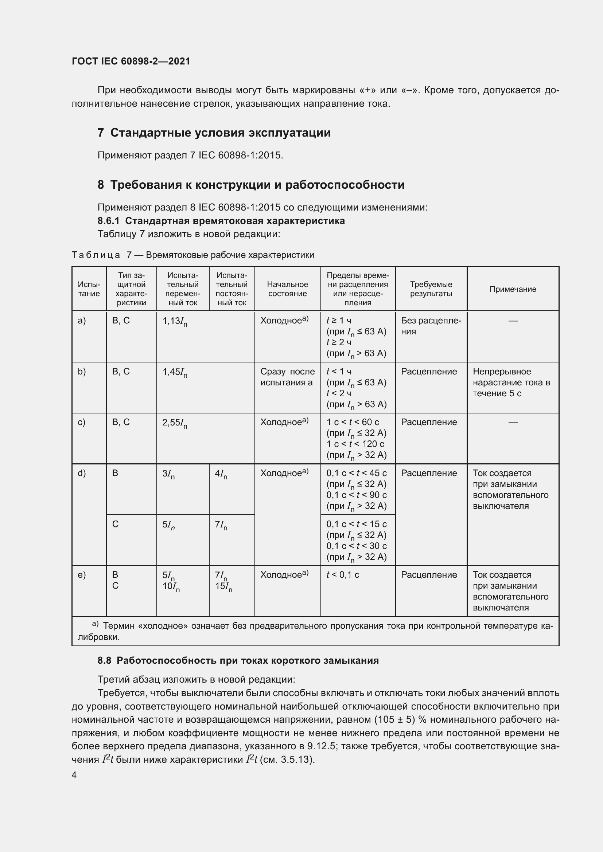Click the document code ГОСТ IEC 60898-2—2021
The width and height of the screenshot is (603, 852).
pyautogui.click(x=131, y=61)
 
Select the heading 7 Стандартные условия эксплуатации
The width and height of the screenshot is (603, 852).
pyautogui.click(x=214, y=133)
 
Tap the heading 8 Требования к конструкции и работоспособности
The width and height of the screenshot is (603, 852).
pyautogui.click(x=251, y=184)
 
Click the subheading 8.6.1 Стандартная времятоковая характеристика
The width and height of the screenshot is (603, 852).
pyautogui.click(x=221, y=221)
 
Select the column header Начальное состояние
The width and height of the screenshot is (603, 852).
pyautogui.click(x=287, y=289)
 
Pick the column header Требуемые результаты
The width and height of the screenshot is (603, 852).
pyautogui.click(x=431, y=289)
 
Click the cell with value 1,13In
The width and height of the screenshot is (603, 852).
pyautogui.click(x=175, y=321)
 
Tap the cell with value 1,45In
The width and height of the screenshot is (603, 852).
pyautogui.click(x=175, y=372)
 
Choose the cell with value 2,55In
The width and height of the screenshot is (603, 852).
pyautogui.click(x=175, y=423)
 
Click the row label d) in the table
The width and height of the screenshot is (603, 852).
pyautogui.click(x=82, y=473)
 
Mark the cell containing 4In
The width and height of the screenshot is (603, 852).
pyautogui.click(x=221, y=474)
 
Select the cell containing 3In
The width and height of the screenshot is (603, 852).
pyautogui.click(x=168, y=474)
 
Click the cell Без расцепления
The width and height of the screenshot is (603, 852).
pyautogui.click(x=431, y=326)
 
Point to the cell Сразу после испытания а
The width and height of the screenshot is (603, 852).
pyautogui.click(x=287, y=377)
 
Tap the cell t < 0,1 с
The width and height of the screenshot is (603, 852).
pyautogui.click(x=343, y=575)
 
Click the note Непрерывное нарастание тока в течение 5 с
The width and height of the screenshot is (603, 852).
pyautogui.click(x=511, y=382)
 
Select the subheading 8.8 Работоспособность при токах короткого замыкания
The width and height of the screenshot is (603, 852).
pyautogui.click(x=238, y=660)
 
